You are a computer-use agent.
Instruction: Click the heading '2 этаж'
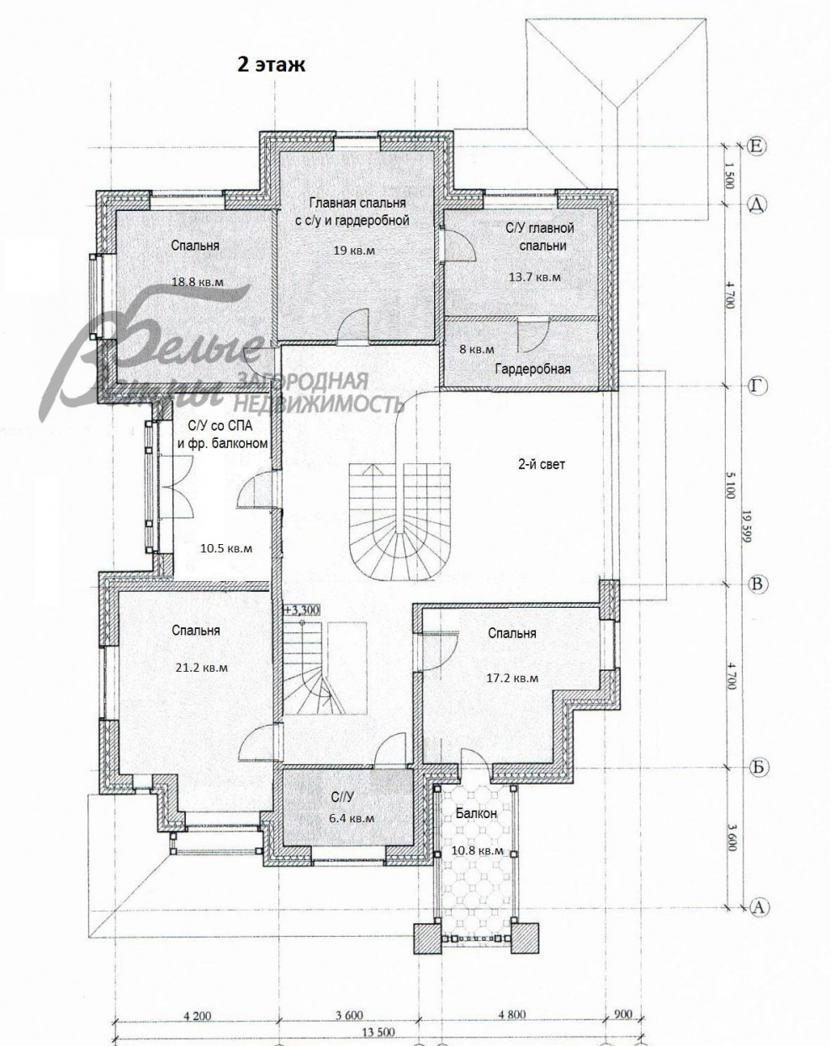(x=271, y=64)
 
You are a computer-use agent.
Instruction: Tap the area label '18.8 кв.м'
(x=198, y=282)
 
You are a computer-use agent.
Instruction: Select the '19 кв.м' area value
(x=354, y=251)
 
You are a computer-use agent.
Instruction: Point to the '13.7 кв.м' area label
(x=534, y=277)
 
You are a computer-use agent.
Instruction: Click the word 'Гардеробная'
(x=533, y=369)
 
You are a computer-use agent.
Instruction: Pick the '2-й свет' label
(x=542, y=464)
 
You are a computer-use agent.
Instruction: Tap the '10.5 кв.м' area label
(x=226, y=548)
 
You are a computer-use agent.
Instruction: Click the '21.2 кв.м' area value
(x=201, y=668)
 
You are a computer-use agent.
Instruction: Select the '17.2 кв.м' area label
(x=512, y=678)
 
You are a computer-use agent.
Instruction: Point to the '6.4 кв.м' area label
(x=352, y=818)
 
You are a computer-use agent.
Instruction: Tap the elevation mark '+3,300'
(x=302, y=610)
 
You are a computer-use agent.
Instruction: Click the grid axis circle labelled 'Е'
(x=755, y=146)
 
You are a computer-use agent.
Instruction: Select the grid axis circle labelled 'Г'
(x=755, y=387)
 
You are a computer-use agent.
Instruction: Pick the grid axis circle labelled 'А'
(x=759, y=906)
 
